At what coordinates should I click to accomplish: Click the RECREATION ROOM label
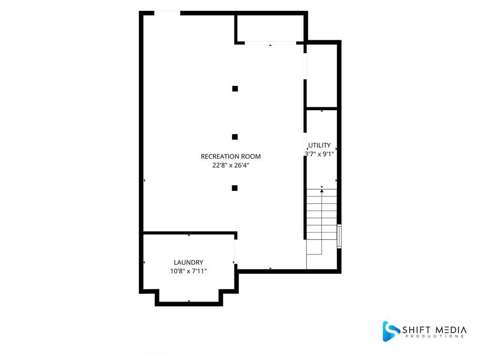[231, 157]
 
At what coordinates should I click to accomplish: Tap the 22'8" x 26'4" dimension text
[231, 165]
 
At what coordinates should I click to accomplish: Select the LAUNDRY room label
[188, 262]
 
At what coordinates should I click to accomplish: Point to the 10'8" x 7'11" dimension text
[188, 271]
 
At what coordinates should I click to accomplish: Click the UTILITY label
[319, 145]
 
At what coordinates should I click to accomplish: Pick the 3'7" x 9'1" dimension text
[319, 154]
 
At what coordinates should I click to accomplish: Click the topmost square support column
[235, 89]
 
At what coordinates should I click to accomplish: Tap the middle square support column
[235, 137]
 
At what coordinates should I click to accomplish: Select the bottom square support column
[234, 188]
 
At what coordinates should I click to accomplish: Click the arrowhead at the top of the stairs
[322, 191]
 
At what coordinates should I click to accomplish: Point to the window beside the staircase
[339, 236]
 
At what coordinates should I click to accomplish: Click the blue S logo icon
[391, 331]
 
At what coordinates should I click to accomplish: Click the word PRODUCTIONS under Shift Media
[435, 337]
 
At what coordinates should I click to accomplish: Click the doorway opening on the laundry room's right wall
[235, 252]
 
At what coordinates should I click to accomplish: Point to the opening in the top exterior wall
[167, 13]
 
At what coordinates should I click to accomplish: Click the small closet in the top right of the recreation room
[270, 28]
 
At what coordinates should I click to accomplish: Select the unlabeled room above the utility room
[322, 76]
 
